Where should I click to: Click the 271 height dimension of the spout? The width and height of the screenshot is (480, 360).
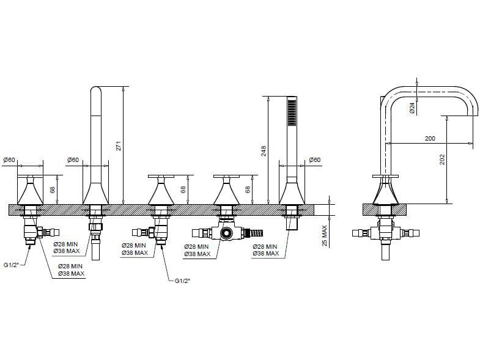click(x=120, y=145)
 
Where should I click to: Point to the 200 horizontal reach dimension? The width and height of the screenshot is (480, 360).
click(x=430, y=139)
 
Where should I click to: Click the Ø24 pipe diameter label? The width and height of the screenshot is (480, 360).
click(x=413, y=106)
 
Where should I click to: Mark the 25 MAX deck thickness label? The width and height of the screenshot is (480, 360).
click(x=325, y=233)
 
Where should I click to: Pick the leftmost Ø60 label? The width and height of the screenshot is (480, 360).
click(x=9, y=160)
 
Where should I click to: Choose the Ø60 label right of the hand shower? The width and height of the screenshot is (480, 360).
click(x=314, y=160)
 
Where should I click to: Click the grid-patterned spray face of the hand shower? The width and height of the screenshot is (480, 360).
click(x=292, y=112)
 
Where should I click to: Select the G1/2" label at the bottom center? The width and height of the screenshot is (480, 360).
click(x=182, y=281)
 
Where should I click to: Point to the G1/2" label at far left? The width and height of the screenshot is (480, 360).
click(x=12, y=265)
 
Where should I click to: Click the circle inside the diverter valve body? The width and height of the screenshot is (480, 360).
click(x=228, y=233)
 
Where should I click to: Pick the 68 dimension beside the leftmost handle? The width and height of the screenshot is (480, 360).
click(x=53, y=190)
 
